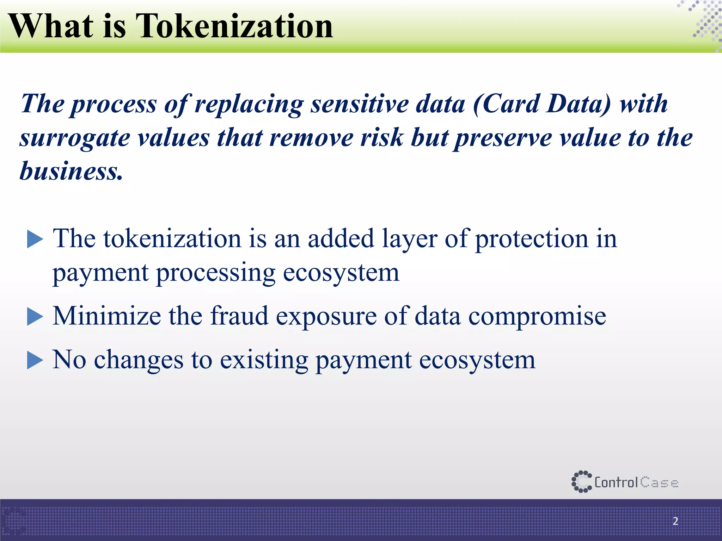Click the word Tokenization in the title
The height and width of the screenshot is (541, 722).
(234, 26)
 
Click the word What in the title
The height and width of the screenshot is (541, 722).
(51, 26)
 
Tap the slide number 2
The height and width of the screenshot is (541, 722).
(675, 521)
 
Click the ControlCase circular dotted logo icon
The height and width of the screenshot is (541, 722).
(581, 481)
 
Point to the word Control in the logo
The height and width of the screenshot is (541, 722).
(616, 482)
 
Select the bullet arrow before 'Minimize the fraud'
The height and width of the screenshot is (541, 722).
(35, 316)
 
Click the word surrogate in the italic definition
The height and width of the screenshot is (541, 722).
(75, 138)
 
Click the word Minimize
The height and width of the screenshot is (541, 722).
(107, 316)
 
